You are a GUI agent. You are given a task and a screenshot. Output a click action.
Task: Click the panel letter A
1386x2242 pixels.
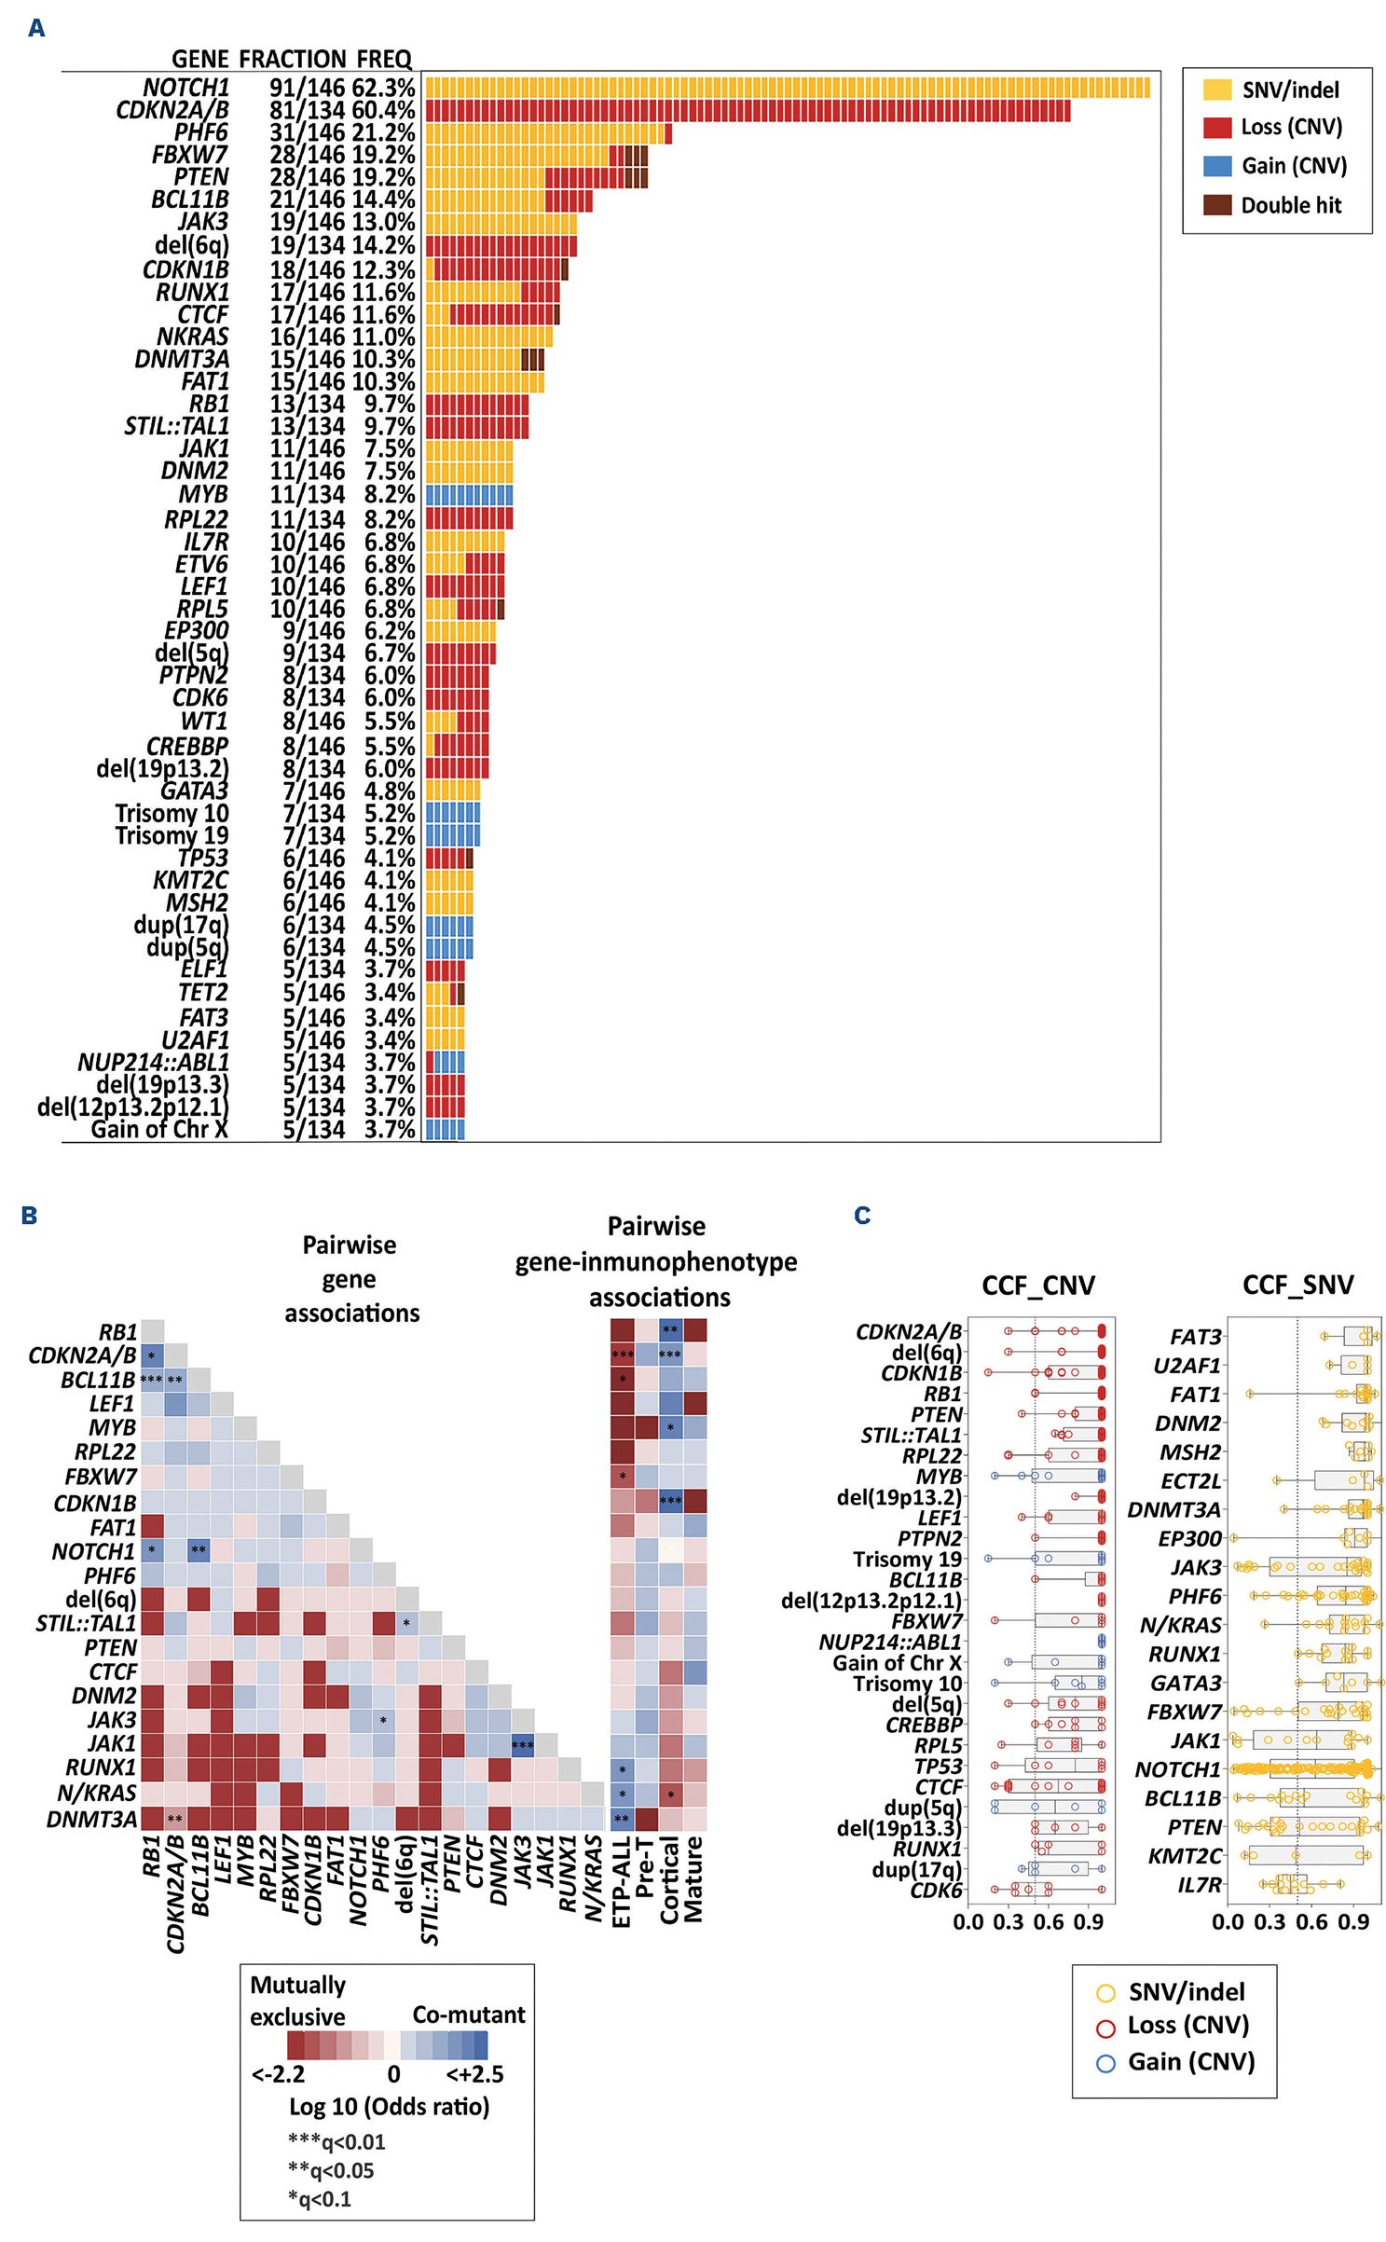click(x=36, y=28)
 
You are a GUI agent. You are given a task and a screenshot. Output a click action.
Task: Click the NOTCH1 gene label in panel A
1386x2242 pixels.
click(x=185, y=88)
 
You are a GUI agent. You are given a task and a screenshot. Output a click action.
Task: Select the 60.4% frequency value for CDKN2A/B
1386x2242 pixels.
click(x=383, y=110)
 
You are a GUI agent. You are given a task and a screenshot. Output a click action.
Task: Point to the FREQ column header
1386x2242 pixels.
click(x=383, y=60)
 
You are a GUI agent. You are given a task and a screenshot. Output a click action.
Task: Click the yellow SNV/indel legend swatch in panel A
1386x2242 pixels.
click(x=1216, y=89)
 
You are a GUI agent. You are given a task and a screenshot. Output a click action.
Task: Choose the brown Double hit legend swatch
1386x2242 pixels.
click(x=1216, y=205)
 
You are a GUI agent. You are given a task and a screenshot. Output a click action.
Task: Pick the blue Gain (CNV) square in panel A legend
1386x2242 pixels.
click(x=1216, y=166)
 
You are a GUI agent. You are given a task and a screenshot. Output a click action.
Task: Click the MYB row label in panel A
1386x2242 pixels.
click(x=203, y=494)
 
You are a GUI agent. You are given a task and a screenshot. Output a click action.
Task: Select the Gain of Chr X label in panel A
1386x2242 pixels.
click(x=159, y=1129)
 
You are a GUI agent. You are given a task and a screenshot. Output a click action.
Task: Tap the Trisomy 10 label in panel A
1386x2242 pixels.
click(x=172, y=813)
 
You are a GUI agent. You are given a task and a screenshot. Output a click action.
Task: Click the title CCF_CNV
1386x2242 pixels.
click(x=1037, y=1286)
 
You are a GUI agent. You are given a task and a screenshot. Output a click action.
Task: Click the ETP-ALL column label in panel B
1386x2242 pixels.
click(x=622, y=1881)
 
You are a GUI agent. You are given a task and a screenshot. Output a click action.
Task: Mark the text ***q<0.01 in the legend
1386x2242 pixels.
click(x=336, y=2141)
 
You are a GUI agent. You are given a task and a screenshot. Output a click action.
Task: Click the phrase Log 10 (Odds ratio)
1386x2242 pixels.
click(x=389, y=2106)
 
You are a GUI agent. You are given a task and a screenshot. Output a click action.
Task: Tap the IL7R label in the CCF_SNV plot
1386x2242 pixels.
click(x=1199, y=1884)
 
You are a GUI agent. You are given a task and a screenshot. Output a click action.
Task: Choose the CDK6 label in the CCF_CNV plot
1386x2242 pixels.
click(x=936, y=1890)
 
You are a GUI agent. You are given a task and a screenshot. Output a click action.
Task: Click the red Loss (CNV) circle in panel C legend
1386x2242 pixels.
click(x=1105, y=2028)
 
